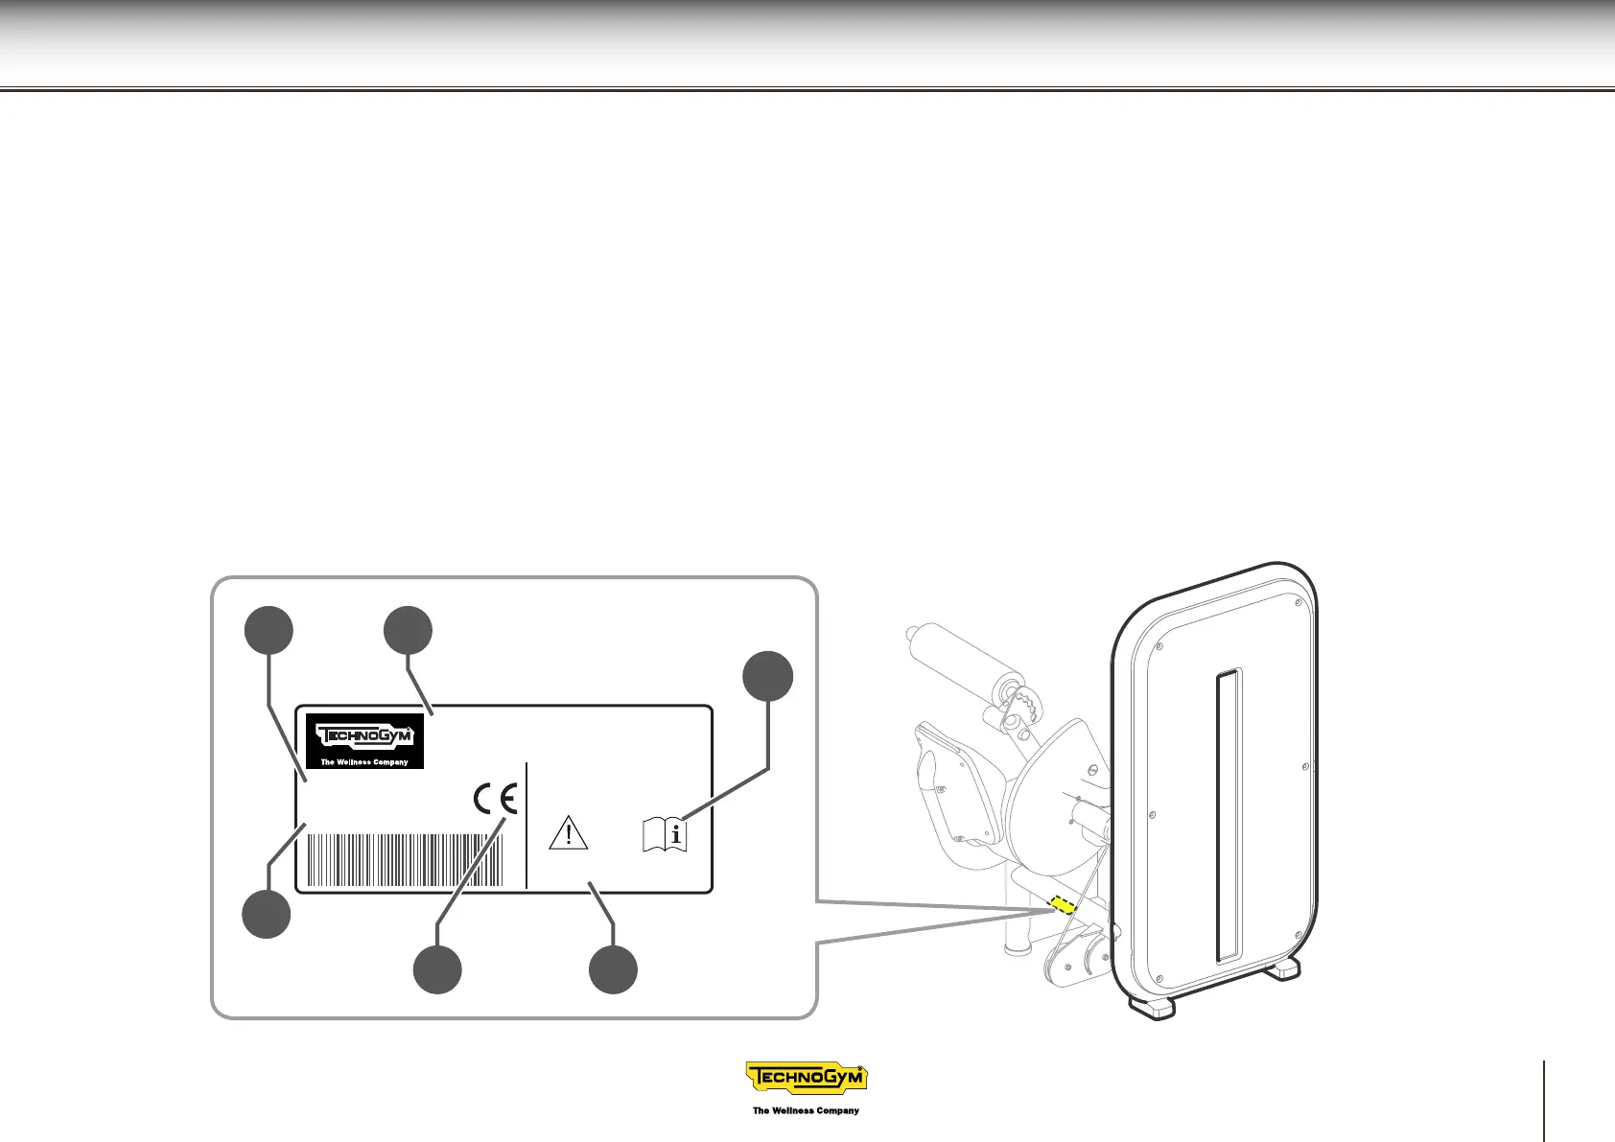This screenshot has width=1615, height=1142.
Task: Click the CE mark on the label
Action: tap(496, 799)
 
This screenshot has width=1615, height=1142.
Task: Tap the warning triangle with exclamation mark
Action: tap(568, 832)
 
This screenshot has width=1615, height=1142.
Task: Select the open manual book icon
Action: tap(665, 834)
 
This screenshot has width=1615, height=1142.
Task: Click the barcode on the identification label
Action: tap(404, 860)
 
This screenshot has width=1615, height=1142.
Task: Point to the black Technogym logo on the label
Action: tap(370, 740)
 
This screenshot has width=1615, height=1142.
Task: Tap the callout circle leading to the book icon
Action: tap(768, 677)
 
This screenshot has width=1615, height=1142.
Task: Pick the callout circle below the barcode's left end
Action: tap(267, 914)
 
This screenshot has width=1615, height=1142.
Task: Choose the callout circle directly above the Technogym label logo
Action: tap(408, 630)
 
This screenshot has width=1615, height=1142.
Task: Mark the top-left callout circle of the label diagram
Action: tap(268, 630)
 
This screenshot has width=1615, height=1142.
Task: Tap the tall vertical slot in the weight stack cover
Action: tap(1229, 815)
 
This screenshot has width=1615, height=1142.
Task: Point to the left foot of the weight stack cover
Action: tap(1152, 1006)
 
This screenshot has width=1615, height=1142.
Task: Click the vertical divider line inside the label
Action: tap(527, 825)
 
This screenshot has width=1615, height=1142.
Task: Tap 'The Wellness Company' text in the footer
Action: tap(806, 1110)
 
